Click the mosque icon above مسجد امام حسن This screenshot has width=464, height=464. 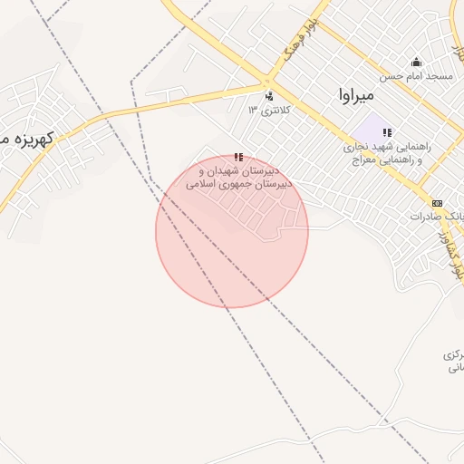[416, 62]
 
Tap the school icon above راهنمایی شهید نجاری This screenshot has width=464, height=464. [387, 132]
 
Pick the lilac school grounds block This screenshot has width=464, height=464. [370, 129]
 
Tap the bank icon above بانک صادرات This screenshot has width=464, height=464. [438, 203]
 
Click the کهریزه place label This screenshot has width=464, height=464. [27, 140]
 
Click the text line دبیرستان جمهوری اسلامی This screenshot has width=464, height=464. [233, 183]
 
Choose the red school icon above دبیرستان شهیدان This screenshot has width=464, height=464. [238, 157]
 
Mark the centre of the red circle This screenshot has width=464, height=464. [232, 232]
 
